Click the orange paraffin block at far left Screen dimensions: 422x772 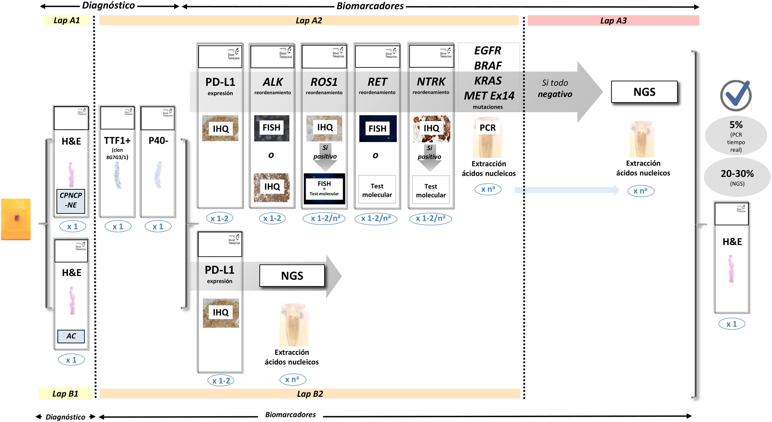pos(16,219)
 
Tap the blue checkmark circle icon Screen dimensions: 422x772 pos(736,95)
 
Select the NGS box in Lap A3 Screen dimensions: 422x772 pos(644,92)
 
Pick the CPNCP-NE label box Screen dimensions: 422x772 pos(71,201)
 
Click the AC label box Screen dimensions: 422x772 pos(71,336)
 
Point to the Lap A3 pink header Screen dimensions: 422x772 pos(613,21)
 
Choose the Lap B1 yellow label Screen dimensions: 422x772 pos(65,394)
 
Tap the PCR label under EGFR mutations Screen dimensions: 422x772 pos(488,128)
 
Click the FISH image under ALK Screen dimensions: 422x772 pos(272,128)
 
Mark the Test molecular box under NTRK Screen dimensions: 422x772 pos(431,190)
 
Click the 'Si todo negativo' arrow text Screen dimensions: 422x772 pos(555,88)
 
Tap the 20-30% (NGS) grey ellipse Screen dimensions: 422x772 pos(737,177)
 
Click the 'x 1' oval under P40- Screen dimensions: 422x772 pos(158,226)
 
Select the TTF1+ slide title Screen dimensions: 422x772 pos(117,140)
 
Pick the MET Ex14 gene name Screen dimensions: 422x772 pos(489,96)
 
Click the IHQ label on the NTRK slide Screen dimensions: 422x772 pos(431,128)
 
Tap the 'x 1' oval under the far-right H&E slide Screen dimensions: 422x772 pos(731,324)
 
